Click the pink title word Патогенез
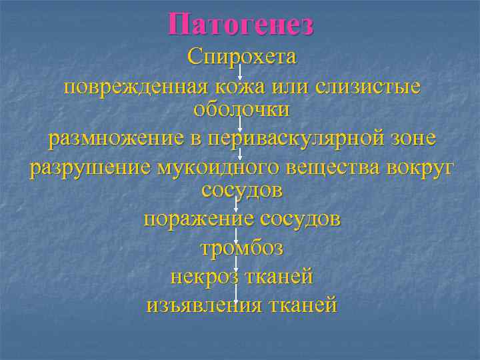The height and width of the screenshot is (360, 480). click(241, 25)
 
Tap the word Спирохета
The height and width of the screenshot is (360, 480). click(241, 57)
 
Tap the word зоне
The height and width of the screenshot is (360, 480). click(411, 139)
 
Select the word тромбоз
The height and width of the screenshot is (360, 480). click(241, 249)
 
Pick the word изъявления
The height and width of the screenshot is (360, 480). click(203, 305)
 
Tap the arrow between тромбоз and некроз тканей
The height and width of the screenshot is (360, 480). click(237, 263)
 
